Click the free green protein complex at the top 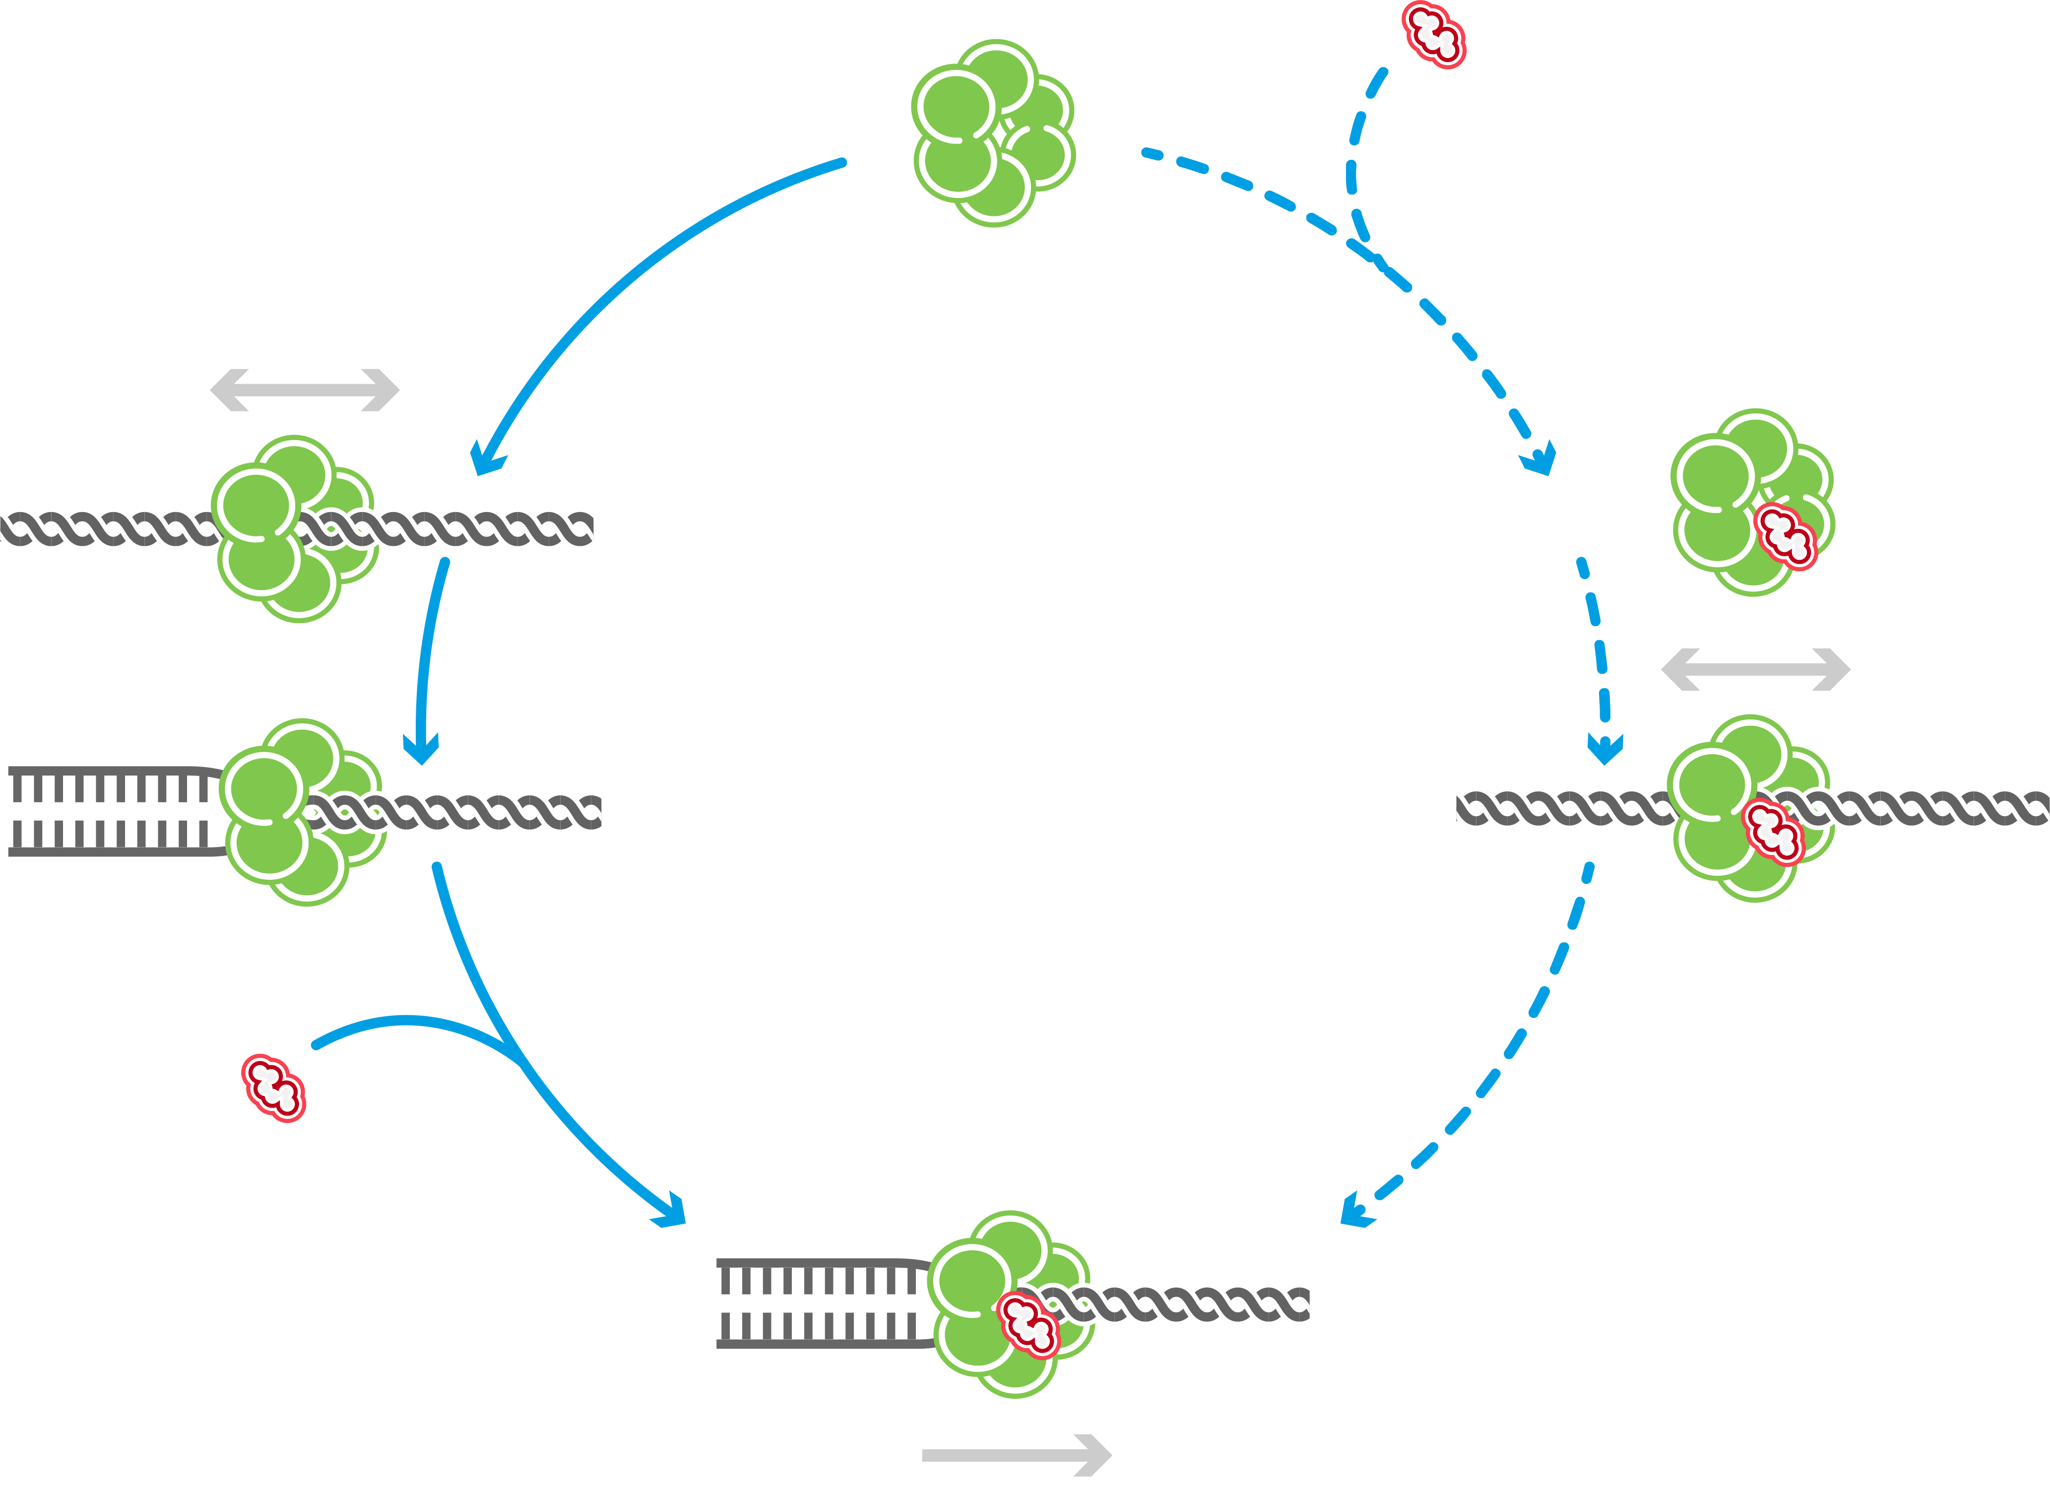pos(993,133)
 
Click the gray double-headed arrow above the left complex pos(305,390)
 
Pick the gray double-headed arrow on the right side pos(1755,669)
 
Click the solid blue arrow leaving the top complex pos(635,272)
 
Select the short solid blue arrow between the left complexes pos(426,653)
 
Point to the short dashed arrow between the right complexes pos(1598,653)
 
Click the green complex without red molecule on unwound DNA pos(303,812)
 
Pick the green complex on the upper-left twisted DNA pos(295,528)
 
